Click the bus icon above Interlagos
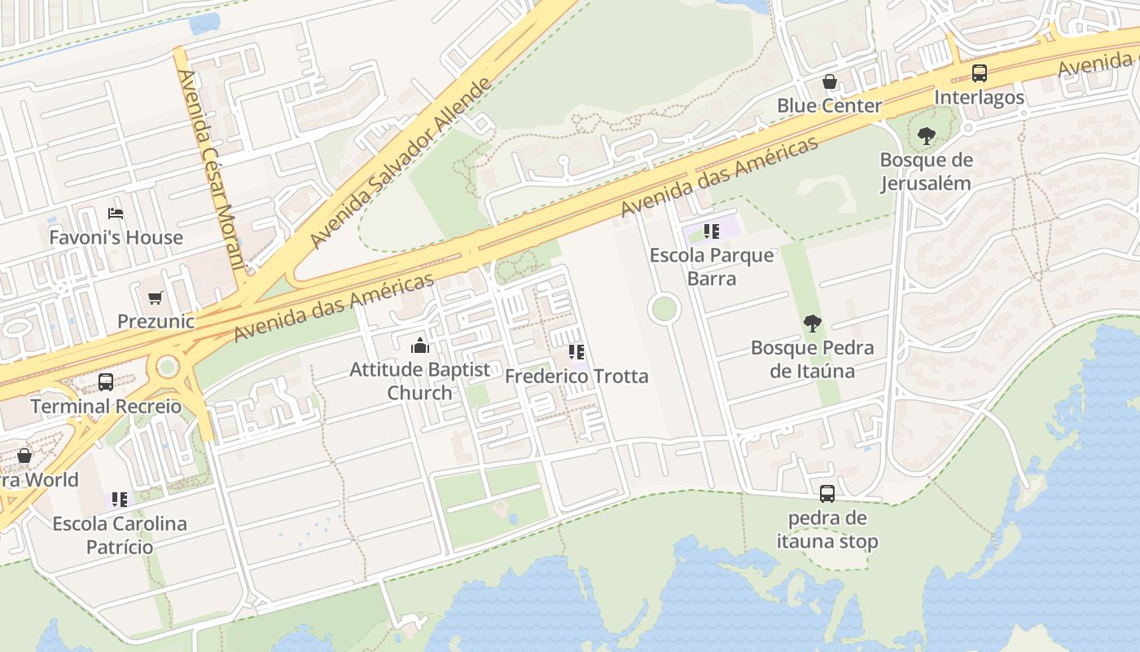980,73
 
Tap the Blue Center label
829,106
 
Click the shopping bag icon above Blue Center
829,81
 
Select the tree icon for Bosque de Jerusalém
926,136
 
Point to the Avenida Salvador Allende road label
401,163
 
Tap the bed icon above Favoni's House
116,214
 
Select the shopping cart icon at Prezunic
156,297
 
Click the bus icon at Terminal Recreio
106,381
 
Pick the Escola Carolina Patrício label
120,535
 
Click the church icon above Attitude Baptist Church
420,346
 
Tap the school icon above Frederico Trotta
577,352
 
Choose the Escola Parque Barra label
712,267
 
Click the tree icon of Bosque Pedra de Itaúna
812,324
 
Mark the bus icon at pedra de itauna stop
827,493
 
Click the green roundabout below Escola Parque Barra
664,309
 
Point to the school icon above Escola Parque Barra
712,231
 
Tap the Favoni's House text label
116,238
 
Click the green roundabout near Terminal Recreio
168,366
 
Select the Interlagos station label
980,98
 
